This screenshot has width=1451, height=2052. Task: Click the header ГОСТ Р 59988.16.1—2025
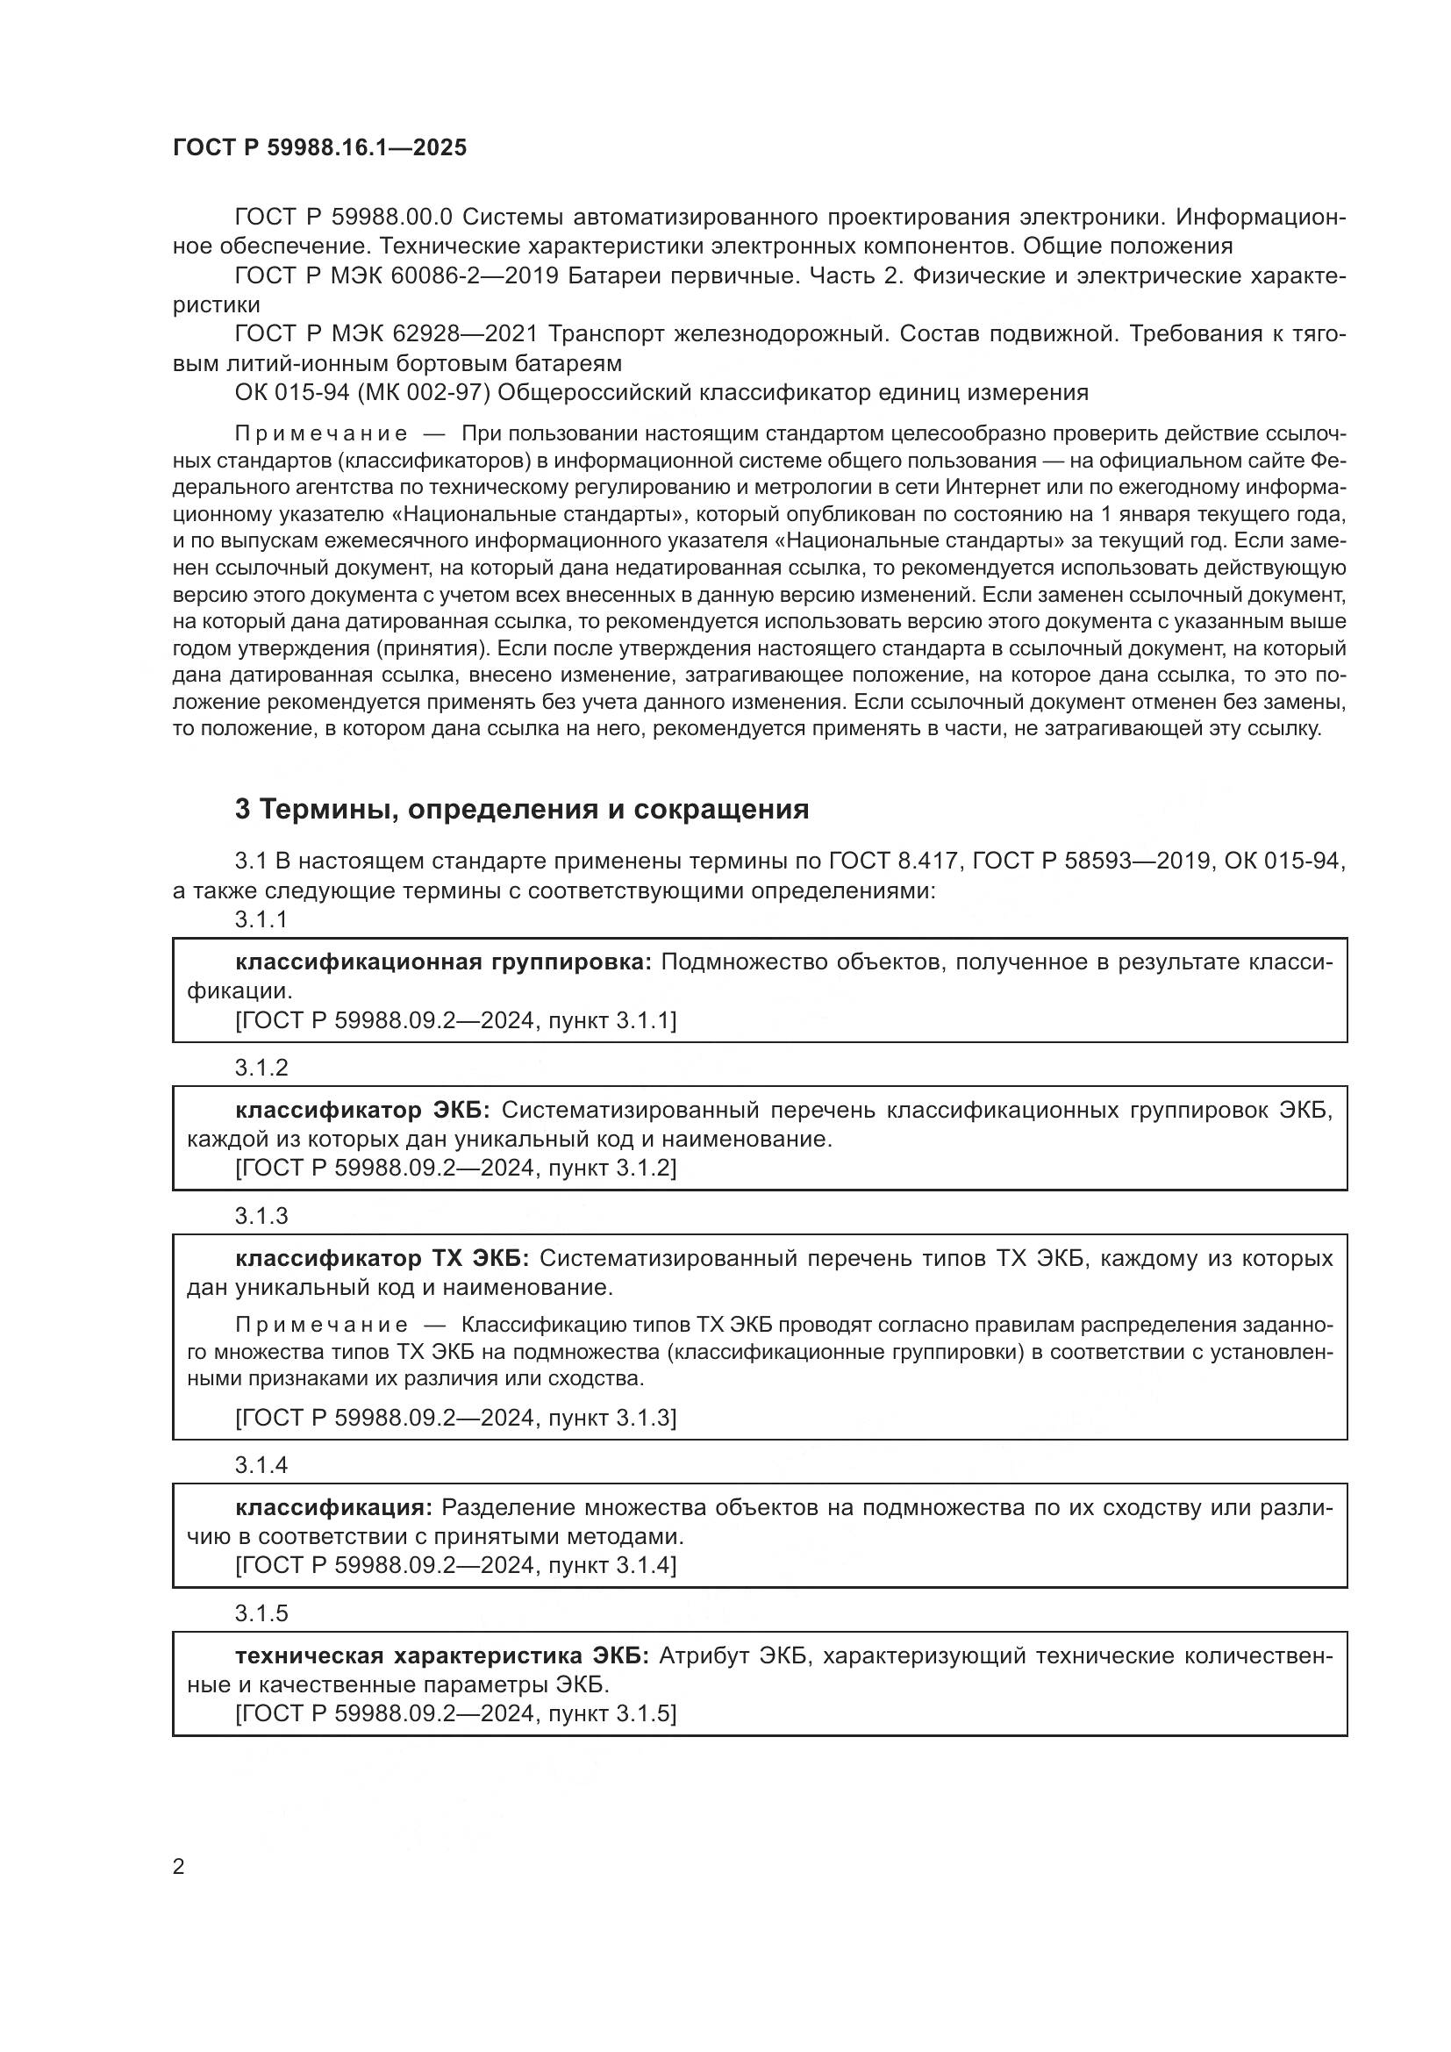point(319,148)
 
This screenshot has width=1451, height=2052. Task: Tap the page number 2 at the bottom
point(179,1866)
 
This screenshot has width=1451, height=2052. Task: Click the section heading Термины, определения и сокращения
point(522,809)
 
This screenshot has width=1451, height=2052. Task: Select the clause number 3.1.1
point(261,919)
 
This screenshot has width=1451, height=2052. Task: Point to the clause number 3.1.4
point(261,1465)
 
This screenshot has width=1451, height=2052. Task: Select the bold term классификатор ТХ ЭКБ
point(382,1258)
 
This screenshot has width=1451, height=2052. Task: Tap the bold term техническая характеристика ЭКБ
point(442,1656)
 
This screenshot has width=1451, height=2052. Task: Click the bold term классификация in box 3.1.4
point(333,1508)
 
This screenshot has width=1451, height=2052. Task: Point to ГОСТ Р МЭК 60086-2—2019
point(397,276)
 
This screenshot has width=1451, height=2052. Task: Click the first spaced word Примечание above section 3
point(321,434)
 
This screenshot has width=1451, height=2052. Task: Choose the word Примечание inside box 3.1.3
point(321,1326)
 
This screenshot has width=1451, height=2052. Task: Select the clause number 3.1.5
point(261,1613)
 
